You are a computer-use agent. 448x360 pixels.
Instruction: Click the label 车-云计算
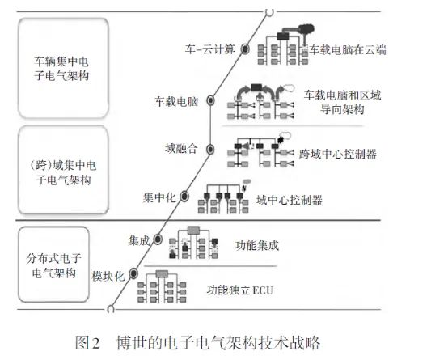[x=210, y=49]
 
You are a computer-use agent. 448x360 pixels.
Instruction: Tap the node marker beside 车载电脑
[x=210, y=100]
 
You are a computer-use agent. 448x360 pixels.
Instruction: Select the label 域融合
[x=181, y=148]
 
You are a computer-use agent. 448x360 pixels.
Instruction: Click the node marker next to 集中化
[x=184, y=197]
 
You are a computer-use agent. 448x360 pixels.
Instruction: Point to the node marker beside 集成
[x=158, y=239]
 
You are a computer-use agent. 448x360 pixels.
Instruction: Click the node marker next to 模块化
[x=133, y=273]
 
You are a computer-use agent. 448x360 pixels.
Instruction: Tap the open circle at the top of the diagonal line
[x=269, y=12]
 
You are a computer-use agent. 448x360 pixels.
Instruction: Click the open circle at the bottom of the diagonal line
[x=111, y=309]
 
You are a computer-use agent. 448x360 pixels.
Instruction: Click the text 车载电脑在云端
[x=348, y=50]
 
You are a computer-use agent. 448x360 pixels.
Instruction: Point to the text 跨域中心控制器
[x=338, y=154]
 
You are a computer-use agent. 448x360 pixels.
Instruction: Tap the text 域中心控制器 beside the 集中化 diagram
[x=290, y=200]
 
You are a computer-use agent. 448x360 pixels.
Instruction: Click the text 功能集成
[x=257, y=245]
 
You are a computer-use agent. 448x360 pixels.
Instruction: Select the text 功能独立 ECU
[x=240, y=290]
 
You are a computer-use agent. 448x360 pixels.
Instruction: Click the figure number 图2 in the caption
[x=87, y=342]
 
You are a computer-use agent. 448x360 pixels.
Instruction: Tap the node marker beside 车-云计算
[x=245, y=49]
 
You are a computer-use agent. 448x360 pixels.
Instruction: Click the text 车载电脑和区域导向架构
[x=342, y=102]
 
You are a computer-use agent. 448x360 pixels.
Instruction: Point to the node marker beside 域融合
[x=210, y=150]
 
